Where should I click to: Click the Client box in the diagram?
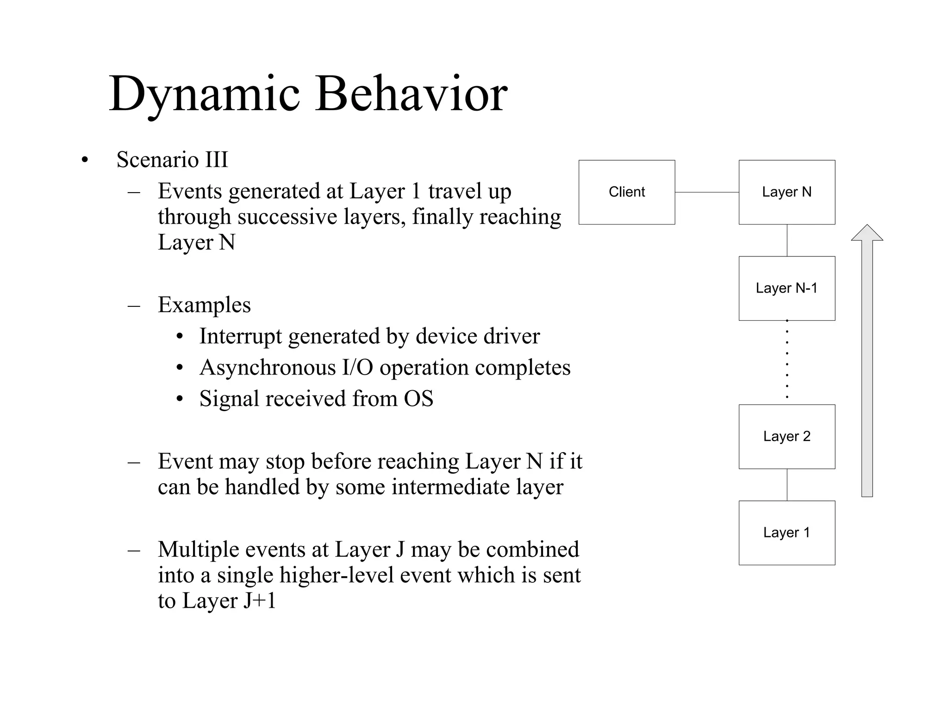click(x=627, y=192)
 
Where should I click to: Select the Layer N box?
click(x=787, y=192)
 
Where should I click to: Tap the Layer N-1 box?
click(x=787, y=288)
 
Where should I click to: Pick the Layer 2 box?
click(x=787, y=437)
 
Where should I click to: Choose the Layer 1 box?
click(x=787, y=532)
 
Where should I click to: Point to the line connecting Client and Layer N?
click(x=707, y=192)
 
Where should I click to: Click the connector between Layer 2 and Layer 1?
click(x=787, y=485)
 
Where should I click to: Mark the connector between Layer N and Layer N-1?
click(x=787, y=240)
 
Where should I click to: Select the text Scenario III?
click(x=172, y=160)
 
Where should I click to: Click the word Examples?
click(x=204, y=305)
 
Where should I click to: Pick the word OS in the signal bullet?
click(x=418, y=399)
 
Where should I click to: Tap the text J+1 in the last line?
click(x=260, y=601)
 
